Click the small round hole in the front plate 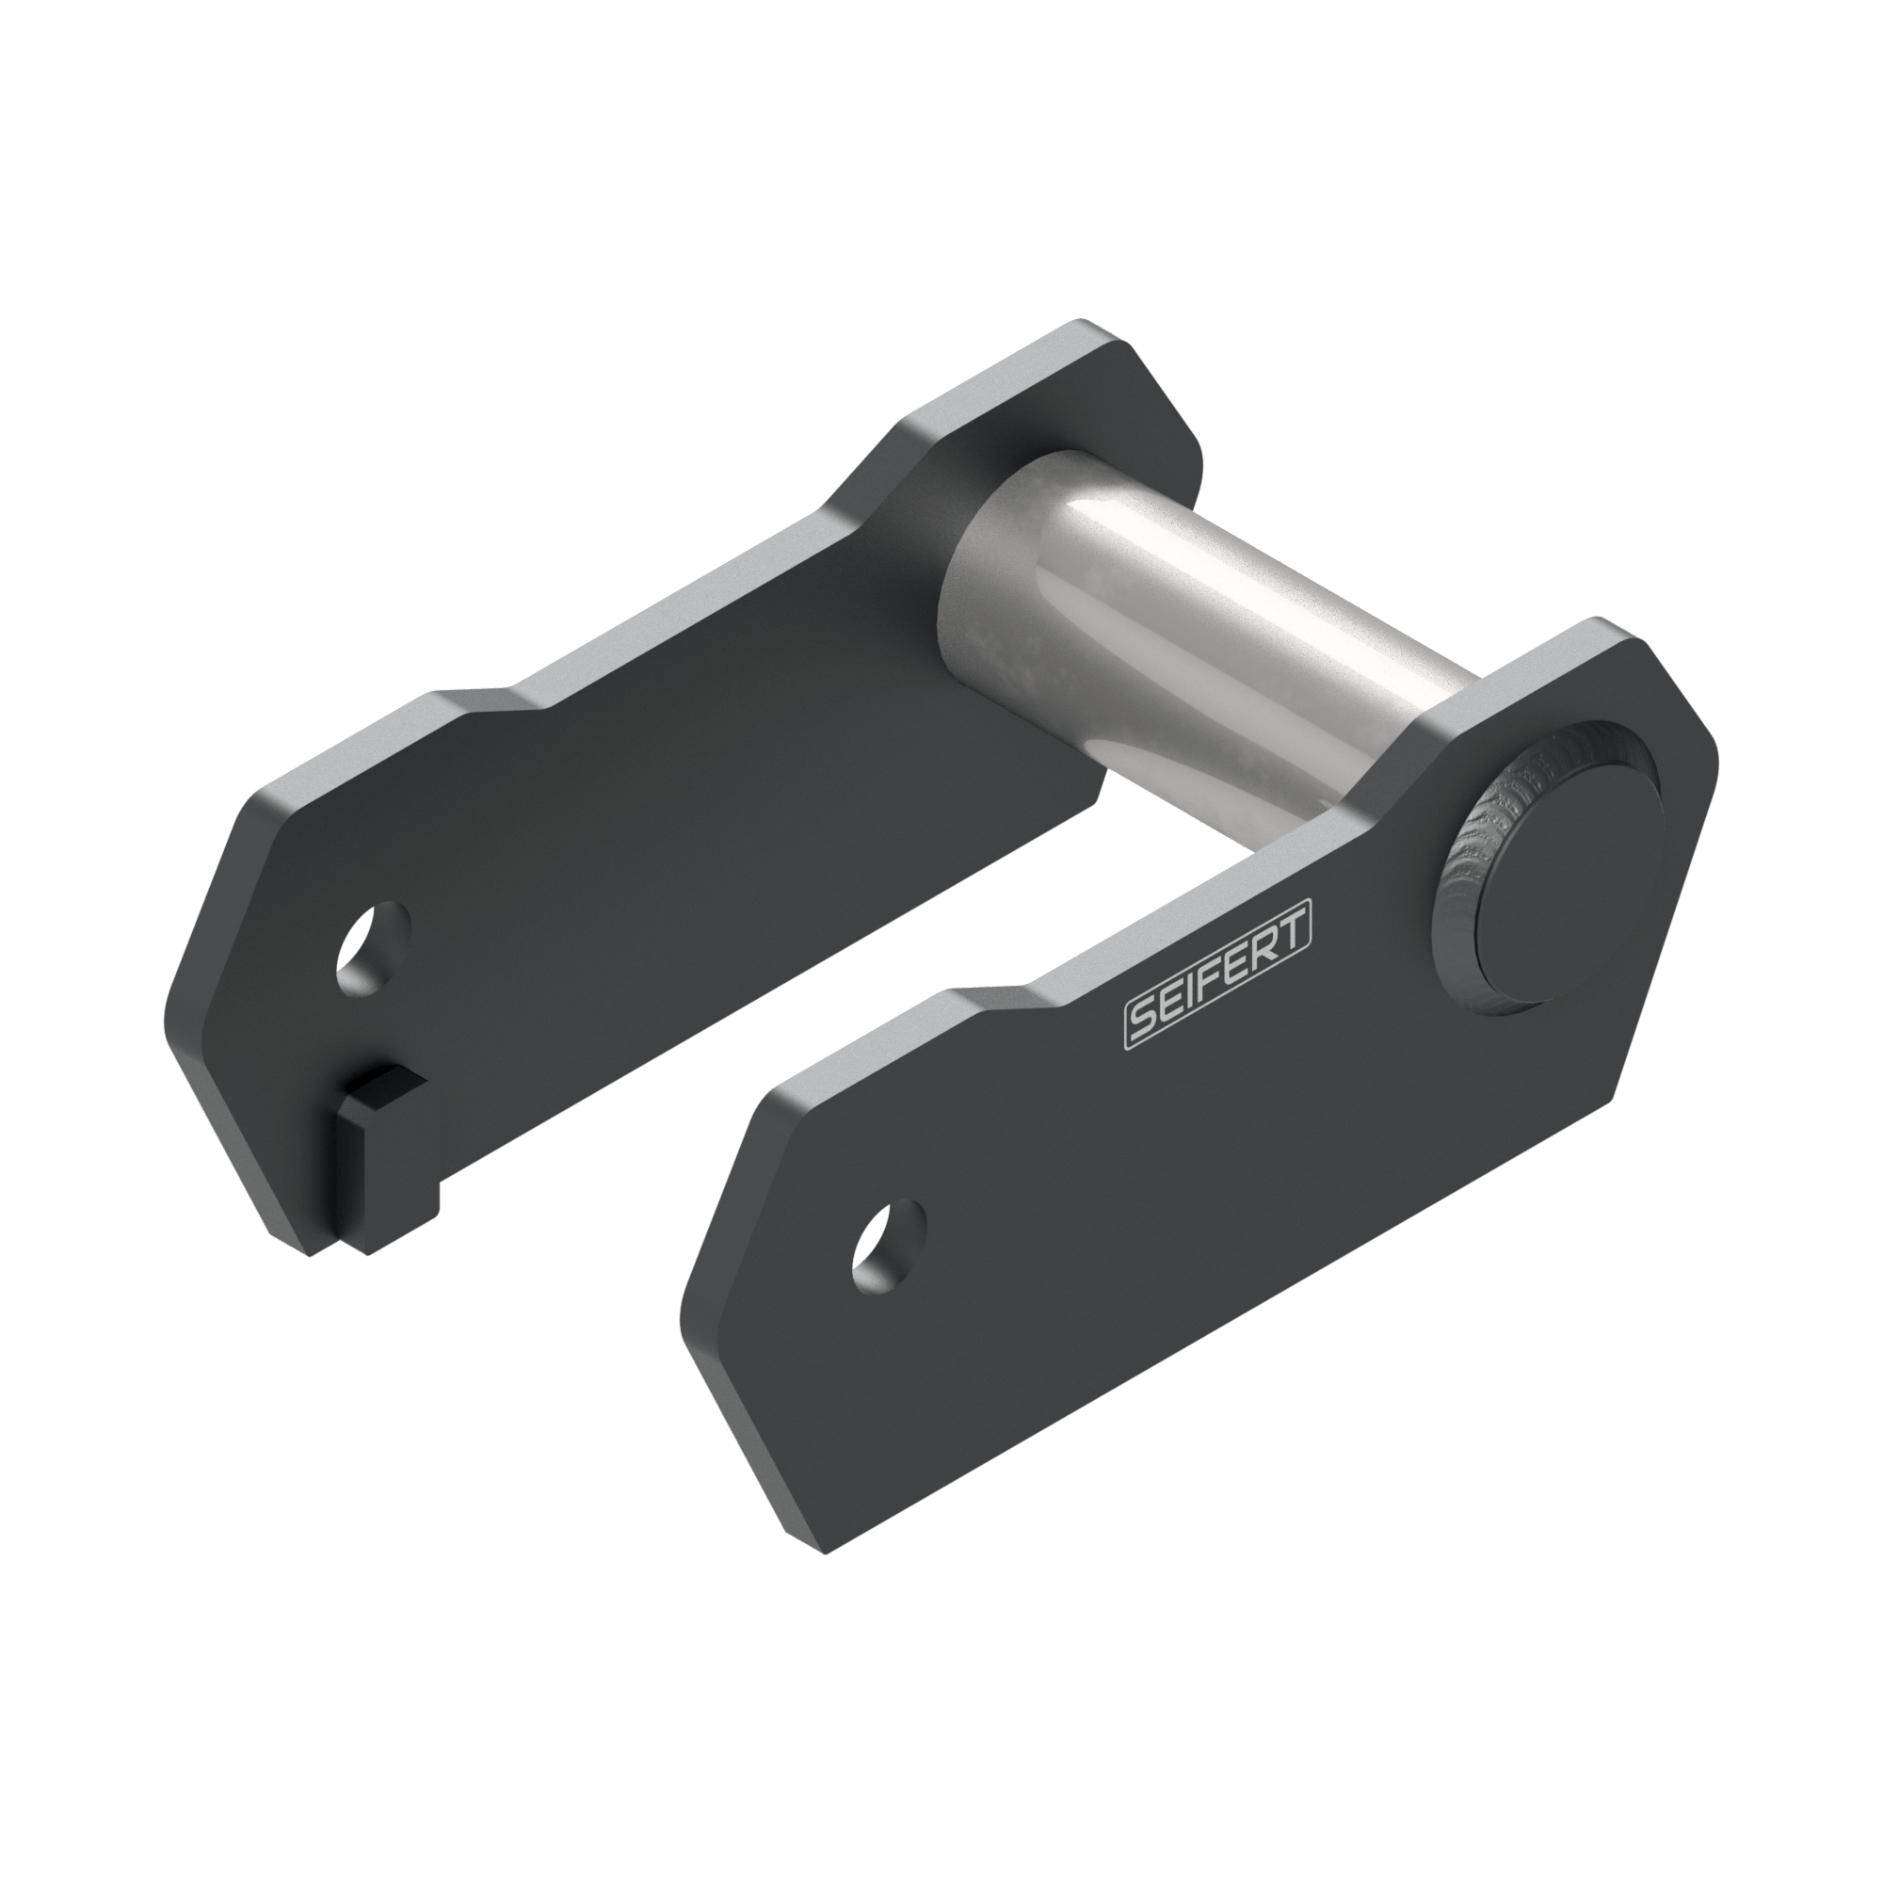(888, 1247)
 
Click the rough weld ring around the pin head (1462, 858)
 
